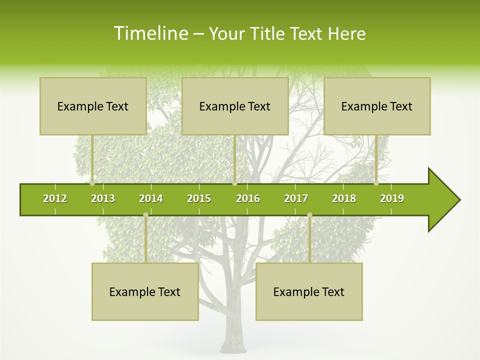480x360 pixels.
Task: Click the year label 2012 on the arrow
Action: click(55, 198)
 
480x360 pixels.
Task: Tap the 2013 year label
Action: click(103, 198)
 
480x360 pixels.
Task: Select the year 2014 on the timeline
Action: click(151, 198)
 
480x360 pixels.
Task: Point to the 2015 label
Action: click(199, 198)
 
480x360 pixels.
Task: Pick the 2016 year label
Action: click(248, 198)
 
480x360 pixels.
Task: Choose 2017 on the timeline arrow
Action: click(296, 198)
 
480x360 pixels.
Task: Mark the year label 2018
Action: click(344, 198)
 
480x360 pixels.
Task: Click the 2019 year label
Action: click(392, 198)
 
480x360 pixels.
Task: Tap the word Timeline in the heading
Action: click(150, 33)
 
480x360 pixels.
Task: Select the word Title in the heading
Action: click(269, 33)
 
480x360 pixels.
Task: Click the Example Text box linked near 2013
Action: click(93, 106)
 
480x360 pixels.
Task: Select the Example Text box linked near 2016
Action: click(235, 106)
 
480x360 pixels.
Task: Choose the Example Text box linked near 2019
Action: click(377, 106)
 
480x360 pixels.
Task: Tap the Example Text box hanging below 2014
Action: click(145, 291)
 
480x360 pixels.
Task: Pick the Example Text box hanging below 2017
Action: click(309, 291)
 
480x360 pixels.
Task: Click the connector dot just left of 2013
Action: click(92, 183)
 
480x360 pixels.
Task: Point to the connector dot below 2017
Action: click(309, 215)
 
